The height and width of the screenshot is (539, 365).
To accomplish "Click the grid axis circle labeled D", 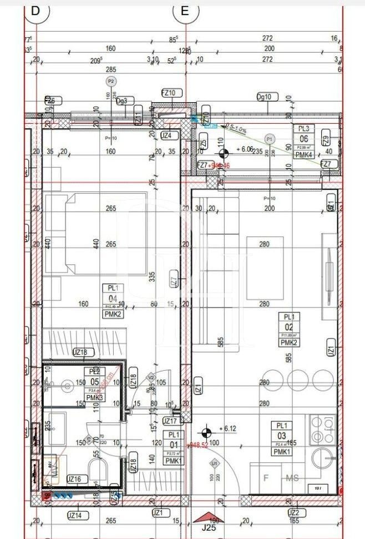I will point(36,11).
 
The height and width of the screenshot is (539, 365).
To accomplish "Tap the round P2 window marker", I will point(111,81).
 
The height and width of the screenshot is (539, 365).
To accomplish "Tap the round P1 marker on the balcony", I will point(270,138).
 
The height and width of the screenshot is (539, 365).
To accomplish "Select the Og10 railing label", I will point(264,97).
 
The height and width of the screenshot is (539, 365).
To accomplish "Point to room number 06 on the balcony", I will point(303,139).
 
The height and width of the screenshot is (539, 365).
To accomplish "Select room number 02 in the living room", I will point(288,326).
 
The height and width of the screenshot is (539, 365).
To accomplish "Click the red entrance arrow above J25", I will point(206,516).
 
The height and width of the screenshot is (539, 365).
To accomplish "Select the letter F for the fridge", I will point(266,477).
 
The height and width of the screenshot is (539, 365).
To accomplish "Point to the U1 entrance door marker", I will point(213,462).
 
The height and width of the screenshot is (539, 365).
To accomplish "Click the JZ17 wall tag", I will point(170,421).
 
